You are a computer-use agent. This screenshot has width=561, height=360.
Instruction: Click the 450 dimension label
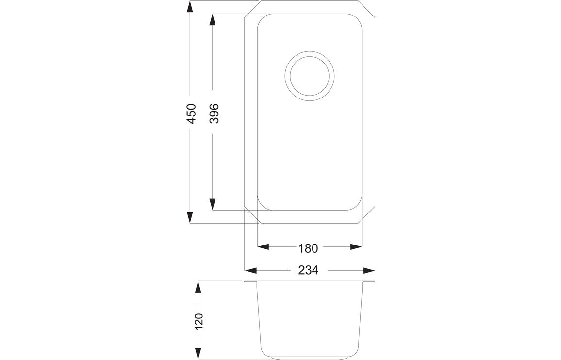pyautogui.click(x=191, y=113)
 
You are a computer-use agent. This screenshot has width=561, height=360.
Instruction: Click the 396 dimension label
pyautogui.click(x=214, y=113)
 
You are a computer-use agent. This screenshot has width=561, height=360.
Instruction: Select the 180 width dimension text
pyautogui.click(x=308, y=248)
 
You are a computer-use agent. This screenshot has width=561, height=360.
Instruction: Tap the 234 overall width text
pyautogui.click(x=308, y=270)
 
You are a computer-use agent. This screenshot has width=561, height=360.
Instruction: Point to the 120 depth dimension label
pyautogui.click(x=198, y=321)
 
